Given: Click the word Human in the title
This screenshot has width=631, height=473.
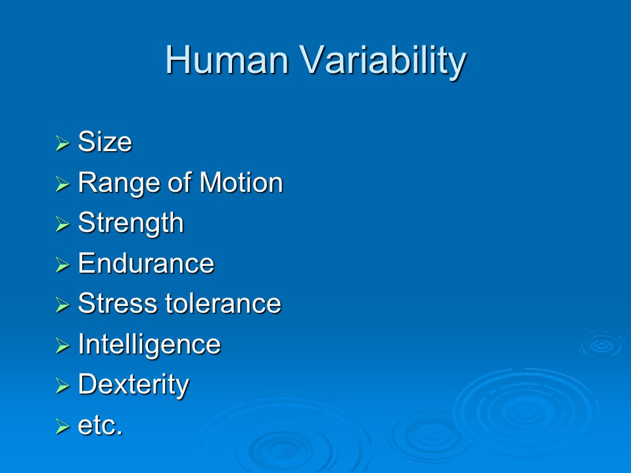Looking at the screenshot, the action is pyautogui.click(x=227, y=60).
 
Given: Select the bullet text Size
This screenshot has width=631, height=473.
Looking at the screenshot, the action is pyautogui.click(x=105, y=142).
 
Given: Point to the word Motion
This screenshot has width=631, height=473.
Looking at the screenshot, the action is pyautogui.click(x=241, y=183).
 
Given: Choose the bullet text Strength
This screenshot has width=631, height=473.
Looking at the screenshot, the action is pyautogui.click(x=131, y=223).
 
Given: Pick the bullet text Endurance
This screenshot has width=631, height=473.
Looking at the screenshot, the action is pyautogui.click(x=146, y=263).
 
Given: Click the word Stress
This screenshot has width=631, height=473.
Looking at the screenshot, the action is pyautogui.click(x=118, y=304).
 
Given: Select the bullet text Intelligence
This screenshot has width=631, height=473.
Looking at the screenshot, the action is pyautogui.click(x=149, y=345).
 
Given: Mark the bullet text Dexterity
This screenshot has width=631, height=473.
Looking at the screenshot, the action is pyautogui.click(x=133, y=386).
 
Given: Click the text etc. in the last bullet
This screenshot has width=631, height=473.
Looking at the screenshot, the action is pyautogui.click(x=100, y=426).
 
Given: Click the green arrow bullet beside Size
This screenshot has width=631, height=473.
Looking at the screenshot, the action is pyautogui.click(x=62, y=143).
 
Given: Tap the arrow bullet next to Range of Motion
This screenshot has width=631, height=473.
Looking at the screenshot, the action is pyautogui.click(x=62, y=183).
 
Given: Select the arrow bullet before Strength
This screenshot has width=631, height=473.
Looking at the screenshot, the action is pyautogui.click(x=62, y=223).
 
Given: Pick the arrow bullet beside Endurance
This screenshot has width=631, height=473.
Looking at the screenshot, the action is pyautogui.click(x=62, y=264).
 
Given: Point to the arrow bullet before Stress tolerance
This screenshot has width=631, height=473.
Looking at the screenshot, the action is pyautogui.click(x=62, y=304).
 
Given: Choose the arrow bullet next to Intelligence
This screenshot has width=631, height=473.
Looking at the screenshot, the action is pyautogui.click(x=62, y=345).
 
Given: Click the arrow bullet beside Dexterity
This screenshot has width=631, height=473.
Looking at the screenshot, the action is pyautogui.click(x=62, y=386).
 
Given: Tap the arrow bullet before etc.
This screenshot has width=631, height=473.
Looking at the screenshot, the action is pyautogui.click(x=62, y=426).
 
